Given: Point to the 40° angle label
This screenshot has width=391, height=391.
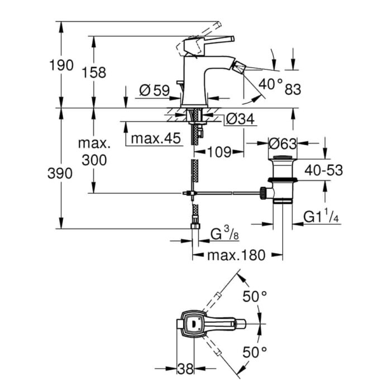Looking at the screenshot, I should point(271,84).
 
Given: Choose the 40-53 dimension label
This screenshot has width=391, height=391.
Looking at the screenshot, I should point(323,170).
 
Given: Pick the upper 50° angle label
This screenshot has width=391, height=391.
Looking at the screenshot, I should point(255,297).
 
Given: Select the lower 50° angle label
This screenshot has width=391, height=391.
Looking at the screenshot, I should point(255,351).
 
